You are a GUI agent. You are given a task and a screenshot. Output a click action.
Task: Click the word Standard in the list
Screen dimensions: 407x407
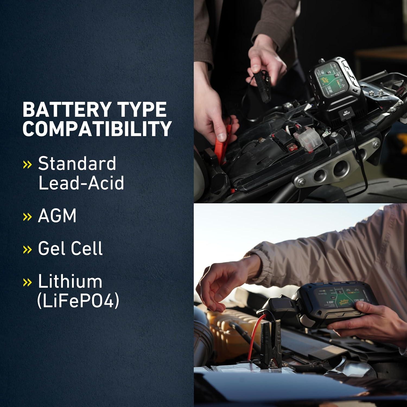[77, 164]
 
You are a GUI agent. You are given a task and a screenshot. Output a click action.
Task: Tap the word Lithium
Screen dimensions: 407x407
[70, 281]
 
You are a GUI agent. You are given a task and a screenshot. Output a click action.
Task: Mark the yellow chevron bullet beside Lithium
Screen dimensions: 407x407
[27, 282]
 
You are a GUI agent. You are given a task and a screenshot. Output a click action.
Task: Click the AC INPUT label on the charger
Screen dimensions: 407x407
[346, 113]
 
